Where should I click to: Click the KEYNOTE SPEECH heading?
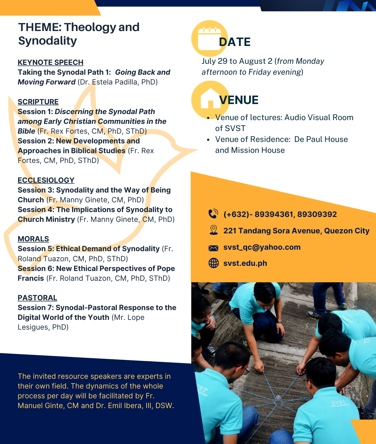[x=51, y=62]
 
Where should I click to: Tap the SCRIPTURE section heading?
[x=38, y=102]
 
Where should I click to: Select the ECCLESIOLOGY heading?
[x=46, y=180]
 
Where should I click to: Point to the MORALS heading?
[x=33, y=239]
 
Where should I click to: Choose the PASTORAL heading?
[x=37, y=298]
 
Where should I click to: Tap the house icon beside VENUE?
[x=210, y=99]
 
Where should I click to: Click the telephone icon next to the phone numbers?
[x=213, y=214]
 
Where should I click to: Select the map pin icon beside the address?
[x=214, y=230]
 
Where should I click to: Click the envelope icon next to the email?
[x=213, y=248]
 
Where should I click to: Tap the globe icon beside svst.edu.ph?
[x=214, y=263]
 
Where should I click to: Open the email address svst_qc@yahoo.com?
[x=262, y=247]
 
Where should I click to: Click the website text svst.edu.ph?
[x=245, y=263]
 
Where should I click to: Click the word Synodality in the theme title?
[x=48, y=41]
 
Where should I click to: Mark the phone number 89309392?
[x=317, y=214]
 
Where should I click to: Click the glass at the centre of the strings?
[x=278, y=400]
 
